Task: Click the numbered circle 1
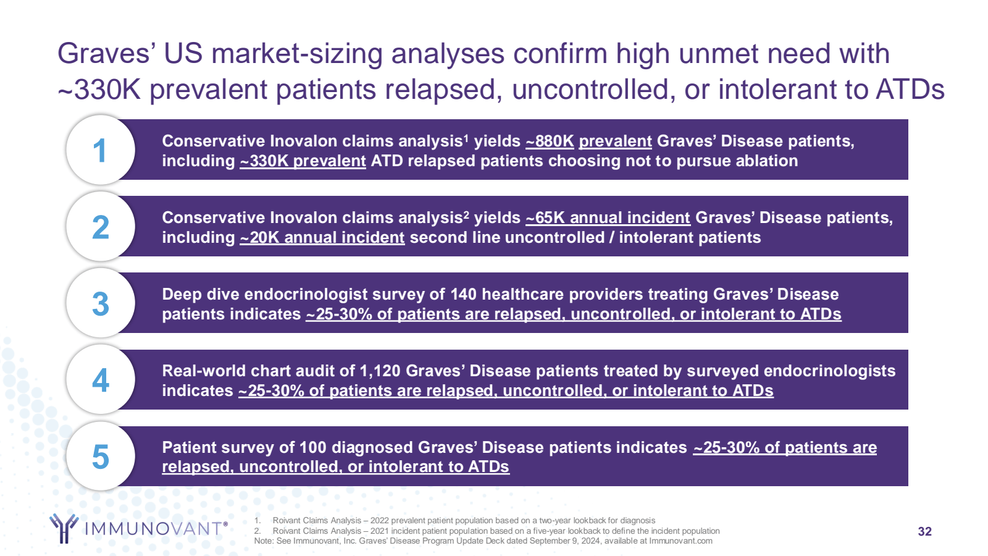point(100,150)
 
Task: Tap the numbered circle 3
point(100,303)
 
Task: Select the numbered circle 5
point(100,457)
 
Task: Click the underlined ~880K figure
point(550,141)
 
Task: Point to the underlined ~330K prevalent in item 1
point(303,161)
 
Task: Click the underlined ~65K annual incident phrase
point(608,218)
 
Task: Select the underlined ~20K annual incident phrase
point(322,238)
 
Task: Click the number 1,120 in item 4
point(380,371)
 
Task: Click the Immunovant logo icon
point(64,528)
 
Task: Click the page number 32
point(924,531)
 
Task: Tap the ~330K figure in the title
point(99,90)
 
